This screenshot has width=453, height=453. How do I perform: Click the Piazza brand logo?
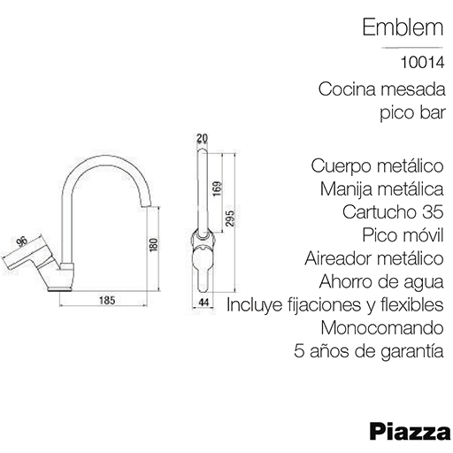click(x=410, y=432)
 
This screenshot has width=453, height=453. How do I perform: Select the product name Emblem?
click(x=403, y=27)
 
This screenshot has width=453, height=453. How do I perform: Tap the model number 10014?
click(x=422, y=63)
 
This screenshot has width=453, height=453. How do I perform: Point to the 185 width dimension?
click(x=107, y=301)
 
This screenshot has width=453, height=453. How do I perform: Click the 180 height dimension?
click(x=154, y=245)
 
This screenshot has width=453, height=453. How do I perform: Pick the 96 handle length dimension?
click(x=22, y=242)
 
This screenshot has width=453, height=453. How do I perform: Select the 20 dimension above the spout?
click(x=202, y=138)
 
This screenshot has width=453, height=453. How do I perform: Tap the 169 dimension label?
click(x=217, y=188)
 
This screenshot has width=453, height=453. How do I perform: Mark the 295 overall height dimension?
click(x=230, y=219)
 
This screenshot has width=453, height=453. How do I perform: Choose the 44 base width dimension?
click(x=203, y=302)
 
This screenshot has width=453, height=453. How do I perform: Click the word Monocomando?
click(x=382, y=327)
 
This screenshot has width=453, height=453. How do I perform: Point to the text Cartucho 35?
click(x=393, y=211)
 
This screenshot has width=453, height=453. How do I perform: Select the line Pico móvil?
click(x=403, y=235)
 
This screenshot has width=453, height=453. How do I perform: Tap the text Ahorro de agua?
click(x=381, y=282)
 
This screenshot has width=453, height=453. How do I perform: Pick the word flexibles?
click(x=412, y=304)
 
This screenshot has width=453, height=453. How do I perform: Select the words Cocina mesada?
click(x=382, y=89)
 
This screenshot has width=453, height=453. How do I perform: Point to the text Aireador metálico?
click(x=374, y=258)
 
